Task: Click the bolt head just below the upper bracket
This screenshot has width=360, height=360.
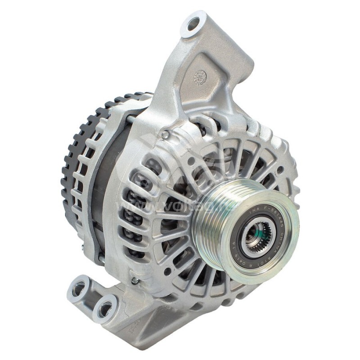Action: (x=166, y=134)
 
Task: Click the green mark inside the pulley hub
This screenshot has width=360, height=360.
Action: (x=255, y=235)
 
